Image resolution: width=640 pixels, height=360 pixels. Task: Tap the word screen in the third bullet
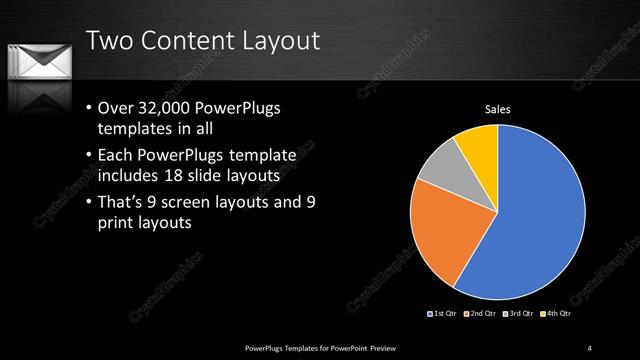(201, 203)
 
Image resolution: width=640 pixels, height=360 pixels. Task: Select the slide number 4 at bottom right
(590, 347)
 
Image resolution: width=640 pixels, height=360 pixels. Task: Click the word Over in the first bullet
(117, 109)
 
